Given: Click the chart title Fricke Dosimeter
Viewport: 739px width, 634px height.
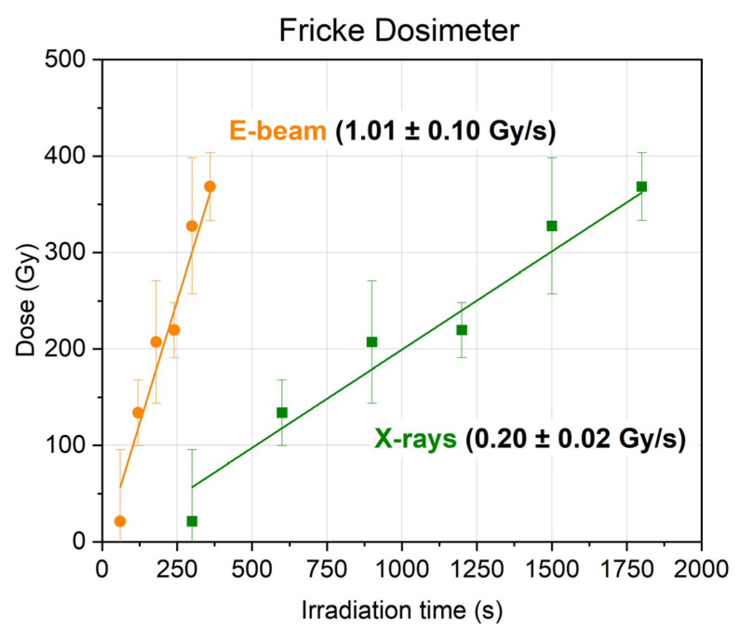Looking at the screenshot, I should (398, 31).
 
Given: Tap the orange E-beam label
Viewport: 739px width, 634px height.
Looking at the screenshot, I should (277, 131).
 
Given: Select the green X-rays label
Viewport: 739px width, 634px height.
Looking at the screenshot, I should (416, 438).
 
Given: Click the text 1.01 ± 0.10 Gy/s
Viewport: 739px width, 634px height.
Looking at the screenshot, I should (445, 131).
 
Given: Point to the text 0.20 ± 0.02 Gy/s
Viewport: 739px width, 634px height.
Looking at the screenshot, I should (575, 438).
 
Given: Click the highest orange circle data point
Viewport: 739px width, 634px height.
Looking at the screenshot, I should (210, 186).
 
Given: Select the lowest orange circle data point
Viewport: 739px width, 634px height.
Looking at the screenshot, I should (120, 521).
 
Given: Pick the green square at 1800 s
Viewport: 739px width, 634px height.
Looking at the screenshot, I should (641, 186).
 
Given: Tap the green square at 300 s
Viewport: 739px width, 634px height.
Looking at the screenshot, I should (192, 521).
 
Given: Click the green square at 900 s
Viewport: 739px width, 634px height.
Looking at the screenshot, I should (372, 342).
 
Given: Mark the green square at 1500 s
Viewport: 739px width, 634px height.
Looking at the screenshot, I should (552, 226).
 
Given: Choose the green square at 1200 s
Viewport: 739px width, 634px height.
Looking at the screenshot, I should (462, 330).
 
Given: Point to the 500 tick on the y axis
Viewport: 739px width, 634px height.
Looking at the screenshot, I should (65, 59).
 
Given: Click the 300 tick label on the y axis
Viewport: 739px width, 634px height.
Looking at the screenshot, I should (65, 252).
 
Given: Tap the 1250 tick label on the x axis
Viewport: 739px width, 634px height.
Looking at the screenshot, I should (477, 569).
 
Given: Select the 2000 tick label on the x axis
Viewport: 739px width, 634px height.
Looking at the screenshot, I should (701, 569).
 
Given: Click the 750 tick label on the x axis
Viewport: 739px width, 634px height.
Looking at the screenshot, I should (327, 569).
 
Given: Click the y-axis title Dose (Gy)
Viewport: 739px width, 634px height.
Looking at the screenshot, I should (25, 300).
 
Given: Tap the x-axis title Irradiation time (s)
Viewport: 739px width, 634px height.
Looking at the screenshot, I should (402, 610).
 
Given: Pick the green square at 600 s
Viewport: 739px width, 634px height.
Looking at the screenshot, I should (282, 413).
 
